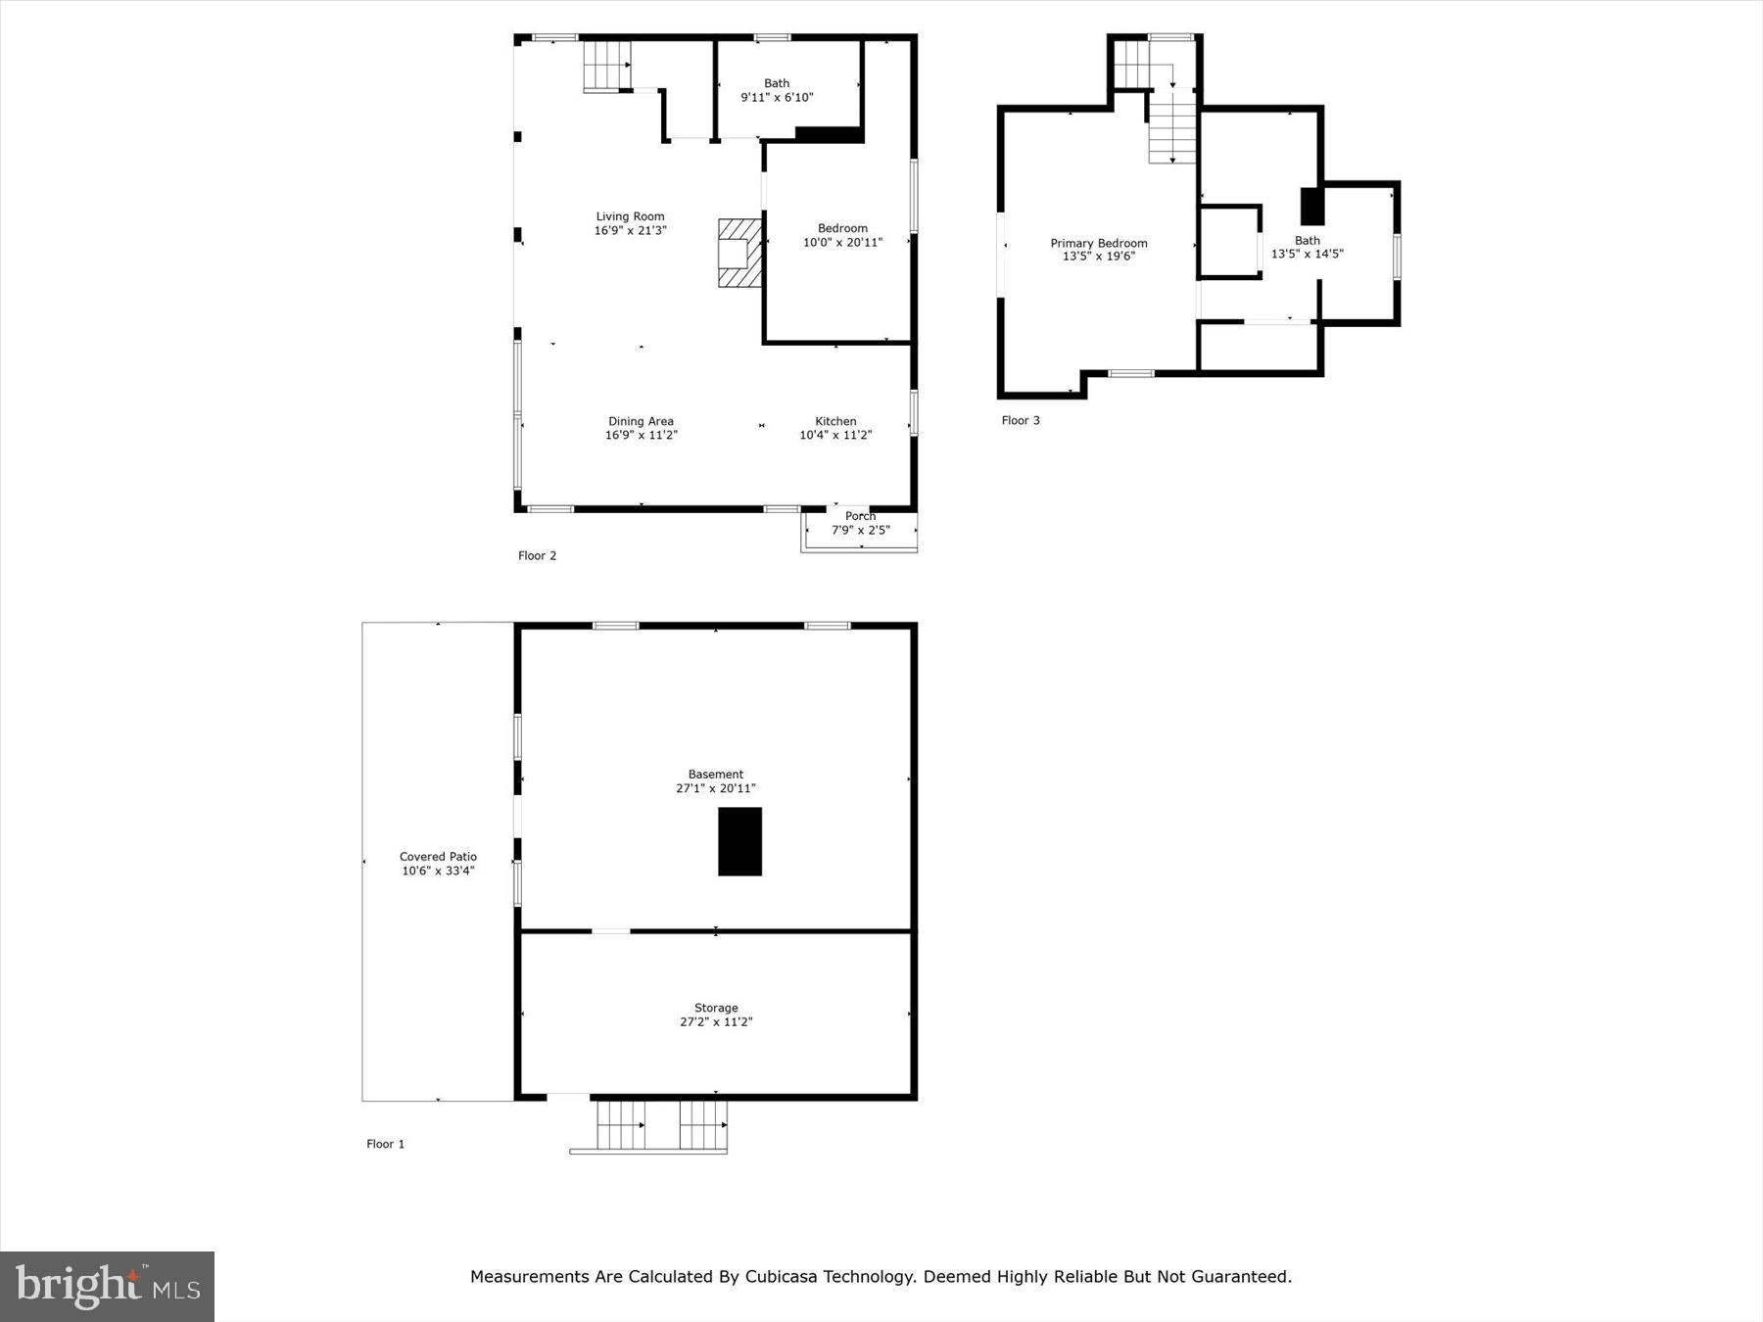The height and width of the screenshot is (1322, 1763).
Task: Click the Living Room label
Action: (x=630, y=216)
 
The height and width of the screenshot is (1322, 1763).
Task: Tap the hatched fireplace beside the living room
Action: (x=739, y=253)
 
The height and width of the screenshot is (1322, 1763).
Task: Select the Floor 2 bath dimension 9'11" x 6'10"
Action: (x=777, y=97)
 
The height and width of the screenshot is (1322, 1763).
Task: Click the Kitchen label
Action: (x=835, y=421)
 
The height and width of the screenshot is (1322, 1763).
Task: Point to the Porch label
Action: (x=860, y=516)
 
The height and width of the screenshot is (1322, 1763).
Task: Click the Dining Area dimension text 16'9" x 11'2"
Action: (x=641, y=435)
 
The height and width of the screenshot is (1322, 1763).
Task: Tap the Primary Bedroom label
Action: (x=1098, y=243)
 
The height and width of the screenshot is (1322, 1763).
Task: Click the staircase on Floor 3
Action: (x=1172, y=125)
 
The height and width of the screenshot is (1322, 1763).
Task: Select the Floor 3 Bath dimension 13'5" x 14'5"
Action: (x=1307, y=254)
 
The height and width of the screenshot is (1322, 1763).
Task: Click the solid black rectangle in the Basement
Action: (x=739, y=841)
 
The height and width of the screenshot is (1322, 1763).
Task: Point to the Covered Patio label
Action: (x=438, y=856)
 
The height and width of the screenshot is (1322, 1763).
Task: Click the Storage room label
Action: (x=716, y=1008)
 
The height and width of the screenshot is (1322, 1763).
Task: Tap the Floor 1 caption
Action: (x=385, y=1144)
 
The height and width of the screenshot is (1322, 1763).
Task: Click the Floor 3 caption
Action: (x=1020, y=420)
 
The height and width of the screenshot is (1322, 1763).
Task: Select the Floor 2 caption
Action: (x=537, y=555)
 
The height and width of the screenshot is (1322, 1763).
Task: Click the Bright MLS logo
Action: (x=107, y=1286)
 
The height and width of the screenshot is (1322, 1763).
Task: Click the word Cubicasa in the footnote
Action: (x=782, y=1276)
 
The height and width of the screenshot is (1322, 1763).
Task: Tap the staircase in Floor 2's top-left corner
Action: (x=607, y=64)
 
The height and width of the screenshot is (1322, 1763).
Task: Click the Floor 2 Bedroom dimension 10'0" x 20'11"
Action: (x=842, y=242)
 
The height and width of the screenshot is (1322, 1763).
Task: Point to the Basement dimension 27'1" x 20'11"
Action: (x=715, y=788)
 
